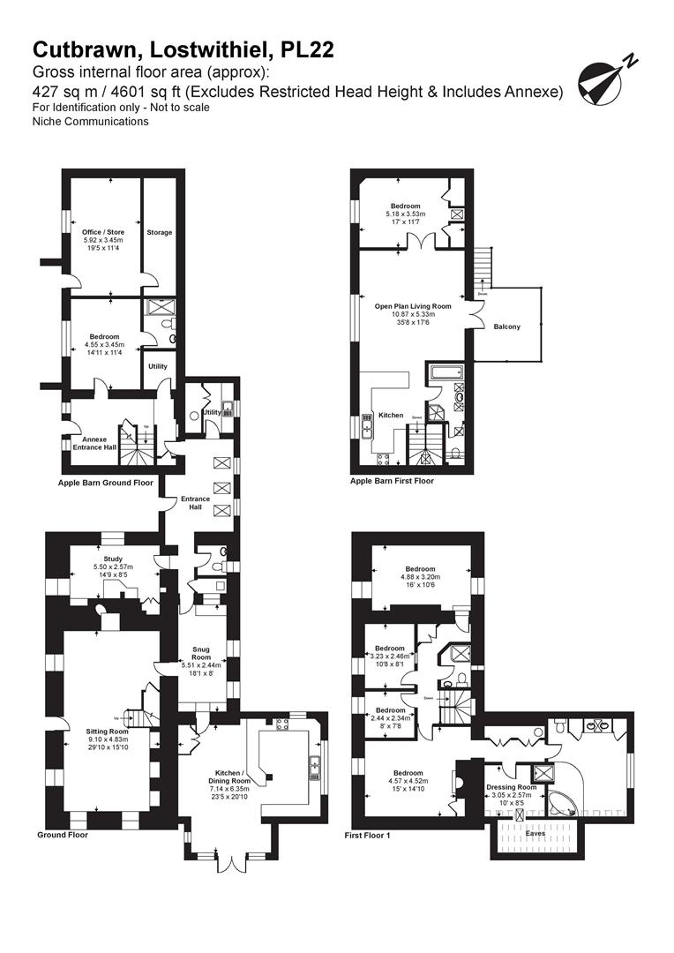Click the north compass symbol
[604, 79]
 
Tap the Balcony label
[507, 326]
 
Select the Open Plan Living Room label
[412, 306]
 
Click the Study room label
[112, 558]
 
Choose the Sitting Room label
[107, 732]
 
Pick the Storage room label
[160, 232]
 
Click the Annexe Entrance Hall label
[94, 444]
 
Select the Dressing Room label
[512, 786]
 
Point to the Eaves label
[536, 831]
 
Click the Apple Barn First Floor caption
[392, 481]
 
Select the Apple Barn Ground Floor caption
[105, 483]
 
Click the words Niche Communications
[90, 121]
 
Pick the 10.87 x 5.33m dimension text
[412, 314]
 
